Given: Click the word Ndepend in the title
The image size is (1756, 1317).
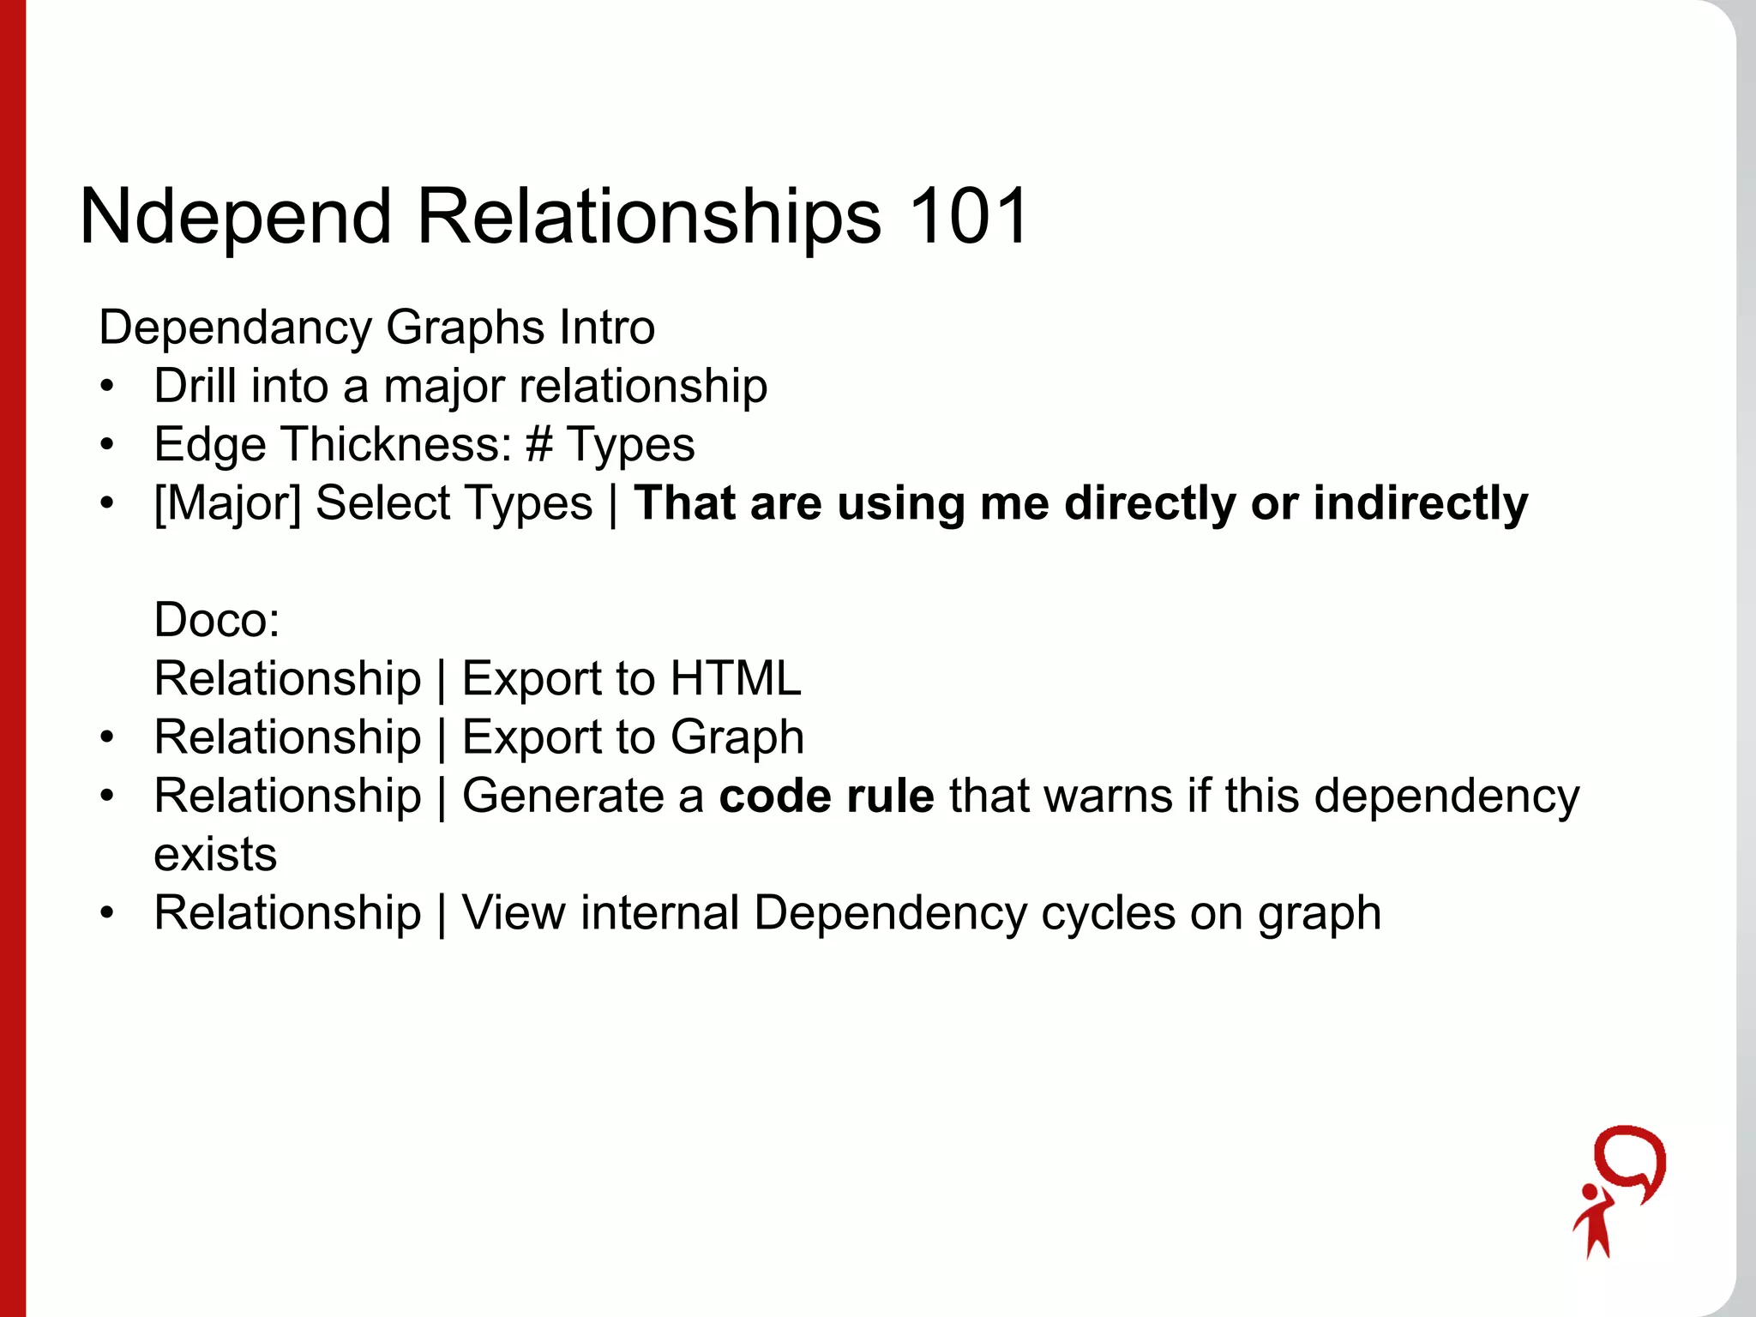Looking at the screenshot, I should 236,219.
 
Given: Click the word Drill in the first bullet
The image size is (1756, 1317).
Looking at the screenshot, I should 195,386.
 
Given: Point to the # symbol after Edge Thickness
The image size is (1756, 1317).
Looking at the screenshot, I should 539,445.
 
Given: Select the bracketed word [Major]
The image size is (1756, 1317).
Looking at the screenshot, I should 227,503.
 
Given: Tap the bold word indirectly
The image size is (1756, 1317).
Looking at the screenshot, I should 1420,503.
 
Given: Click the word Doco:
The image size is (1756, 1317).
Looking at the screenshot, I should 217,620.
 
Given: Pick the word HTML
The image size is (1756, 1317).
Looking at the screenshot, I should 735,679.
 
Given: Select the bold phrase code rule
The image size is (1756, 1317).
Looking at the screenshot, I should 827,796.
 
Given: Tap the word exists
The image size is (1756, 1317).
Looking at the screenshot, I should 215,855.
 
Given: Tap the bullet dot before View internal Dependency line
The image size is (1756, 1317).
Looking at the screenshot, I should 106,914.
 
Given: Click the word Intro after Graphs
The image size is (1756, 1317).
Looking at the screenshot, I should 606,328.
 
